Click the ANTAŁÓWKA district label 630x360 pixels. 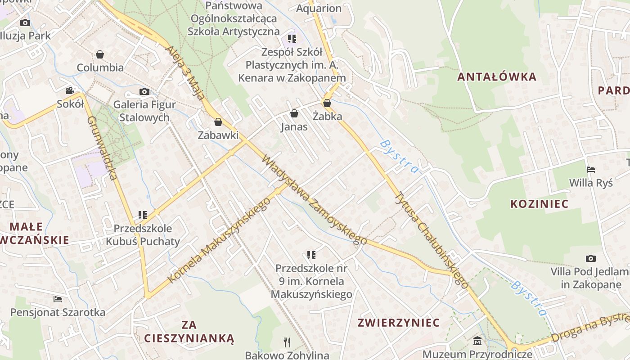click(x=497, y=76)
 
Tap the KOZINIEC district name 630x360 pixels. click(x=539, y=204)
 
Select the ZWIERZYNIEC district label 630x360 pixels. click(x=398, y=323)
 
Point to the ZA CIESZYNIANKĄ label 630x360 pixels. click(x=189, y=332)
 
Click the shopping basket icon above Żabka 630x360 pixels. click(x=327, y=103)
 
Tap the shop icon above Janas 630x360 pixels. click(x=294, y=113)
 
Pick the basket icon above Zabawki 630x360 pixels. click(x=218, y=122)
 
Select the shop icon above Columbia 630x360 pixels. click(x=100, y=54)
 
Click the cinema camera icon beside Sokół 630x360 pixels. click(x=70, y=91)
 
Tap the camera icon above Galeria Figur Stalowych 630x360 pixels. click(x=144, y=92)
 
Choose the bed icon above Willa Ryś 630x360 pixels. click(x=591, y=170)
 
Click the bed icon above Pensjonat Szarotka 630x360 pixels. click(x=58, y=299)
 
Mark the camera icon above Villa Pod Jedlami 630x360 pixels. click(x=591, y=258)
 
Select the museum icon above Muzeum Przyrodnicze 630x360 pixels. click(x=477, y=341)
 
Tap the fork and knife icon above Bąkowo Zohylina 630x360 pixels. click(x=287, y=342)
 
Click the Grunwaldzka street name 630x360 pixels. click(x=102, y=148)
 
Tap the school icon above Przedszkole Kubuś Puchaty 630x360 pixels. click(x=143, y=215)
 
